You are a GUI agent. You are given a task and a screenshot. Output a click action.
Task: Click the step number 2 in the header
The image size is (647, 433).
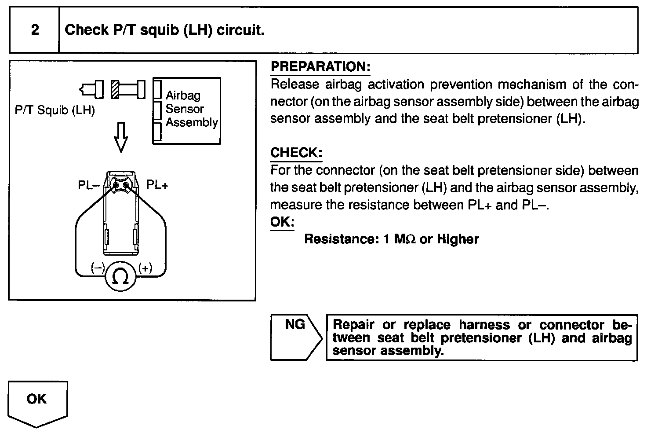[x=35, y=30]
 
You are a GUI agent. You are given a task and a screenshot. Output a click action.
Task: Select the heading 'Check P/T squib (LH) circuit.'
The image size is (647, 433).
[x=164, y=30]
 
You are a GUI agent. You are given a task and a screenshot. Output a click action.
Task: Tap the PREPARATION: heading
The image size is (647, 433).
[x=320, y=67]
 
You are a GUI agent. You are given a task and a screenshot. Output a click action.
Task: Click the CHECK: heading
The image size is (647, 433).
[x=296, y=153]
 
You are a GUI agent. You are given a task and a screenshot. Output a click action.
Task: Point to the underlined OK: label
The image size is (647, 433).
[x=282, y=222]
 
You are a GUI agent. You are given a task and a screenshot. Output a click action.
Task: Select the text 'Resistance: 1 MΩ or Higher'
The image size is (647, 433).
[x=391, y=239]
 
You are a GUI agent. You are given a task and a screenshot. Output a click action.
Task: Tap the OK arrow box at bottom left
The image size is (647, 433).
[x=37, y=401]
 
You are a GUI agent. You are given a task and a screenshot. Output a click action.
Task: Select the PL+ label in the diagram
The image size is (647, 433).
[x=157, y=185]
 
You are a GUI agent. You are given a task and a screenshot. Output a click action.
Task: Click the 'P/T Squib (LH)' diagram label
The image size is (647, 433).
[x=55, y=110]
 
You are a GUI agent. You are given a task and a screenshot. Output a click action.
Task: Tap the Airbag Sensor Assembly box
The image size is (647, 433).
[x=187, y=110]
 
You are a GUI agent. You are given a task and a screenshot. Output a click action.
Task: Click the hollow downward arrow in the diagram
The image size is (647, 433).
[x=120, y=137]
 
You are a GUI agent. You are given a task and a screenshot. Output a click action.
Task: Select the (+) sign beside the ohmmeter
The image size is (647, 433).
[x=145, y=268]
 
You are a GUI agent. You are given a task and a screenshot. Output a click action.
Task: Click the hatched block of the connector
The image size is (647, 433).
[x=115, y=90]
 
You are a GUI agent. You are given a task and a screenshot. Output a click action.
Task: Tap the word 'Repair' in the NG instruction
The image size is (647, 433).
[x=353, y=325]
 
